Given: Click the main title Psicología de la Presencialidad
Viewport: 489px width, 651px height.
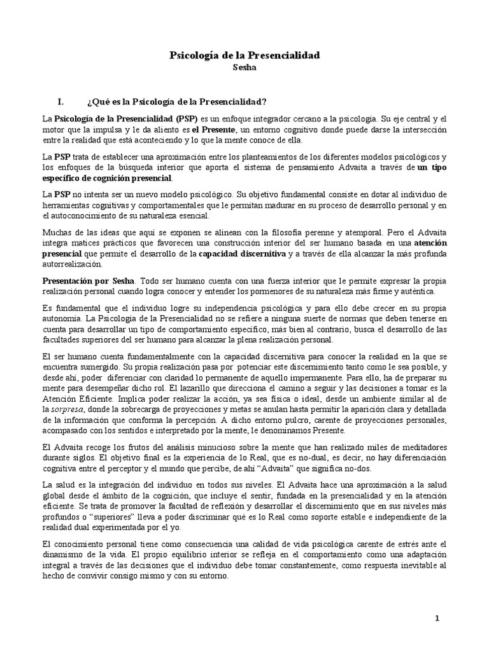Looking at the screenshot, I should tap(244, 56).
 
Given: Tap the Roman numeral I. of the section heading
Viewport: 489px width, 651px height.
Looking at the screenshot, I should tap(61, 102).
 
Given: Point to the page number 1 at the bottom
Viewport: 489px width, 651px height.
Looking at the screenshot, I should tap(437, 618).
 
